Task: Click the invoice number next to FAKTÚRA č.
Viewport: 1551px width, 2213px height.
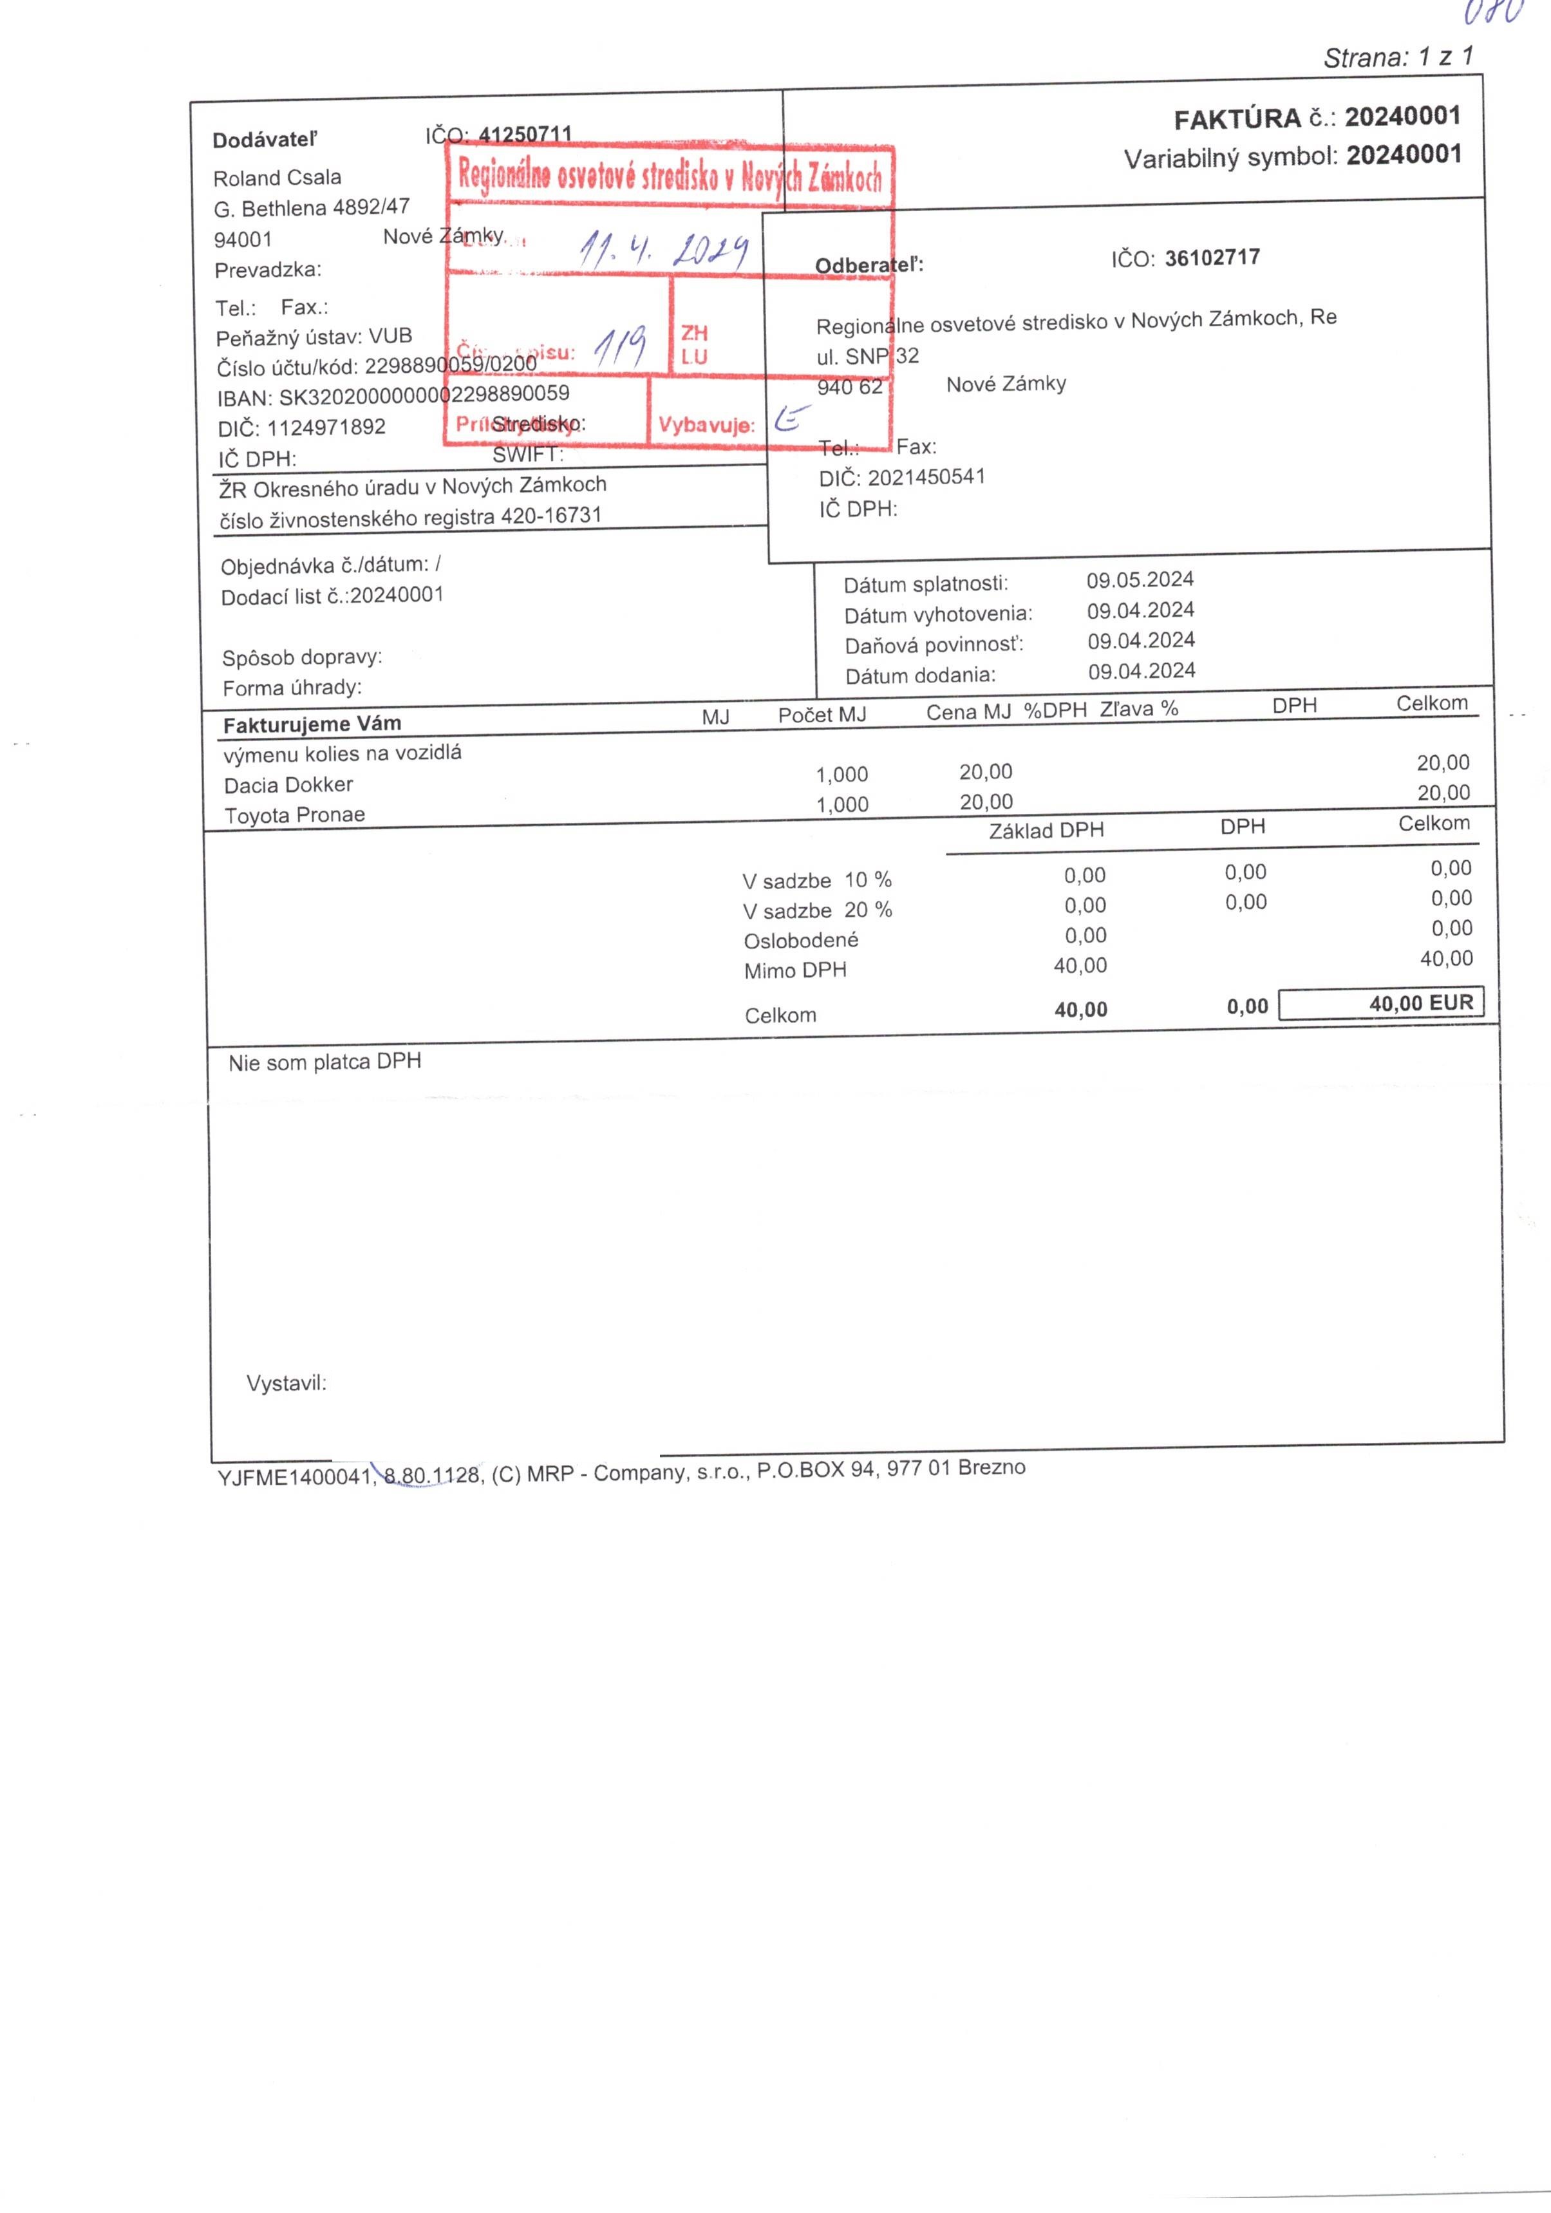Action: [1402, 117]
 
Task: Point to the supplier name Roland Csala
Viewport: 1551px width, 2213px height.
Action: [277, 177]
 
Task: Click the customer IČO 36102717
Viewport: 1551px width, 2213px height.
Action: [1212, 258]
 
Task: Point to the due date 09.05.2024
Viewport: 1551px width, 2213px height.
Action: [1140, 579]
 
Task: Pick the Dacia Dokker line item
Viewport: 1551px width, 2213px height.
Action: [288, 785]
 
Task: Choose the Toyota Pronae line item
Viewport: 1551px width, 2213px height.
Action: [294, 815]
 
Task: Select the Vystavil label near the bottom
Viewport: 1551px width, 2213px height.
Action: [287, 1383]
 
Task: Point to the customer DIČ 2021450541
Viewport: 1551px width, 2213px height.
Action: [925, 477]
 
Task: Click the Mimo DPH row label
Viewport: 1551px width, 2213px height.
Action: [794, 970]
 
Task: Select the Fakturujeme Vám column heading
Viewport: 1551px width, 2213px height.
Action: [312, 724]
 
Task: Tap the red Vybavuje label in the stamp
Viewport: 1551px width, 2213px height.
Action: [706, 425]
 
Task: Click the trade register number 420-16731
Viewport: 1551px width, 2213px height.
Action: [550, 516]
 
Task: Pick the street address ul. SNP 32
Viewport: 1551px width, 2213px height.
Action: [867, 357]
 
